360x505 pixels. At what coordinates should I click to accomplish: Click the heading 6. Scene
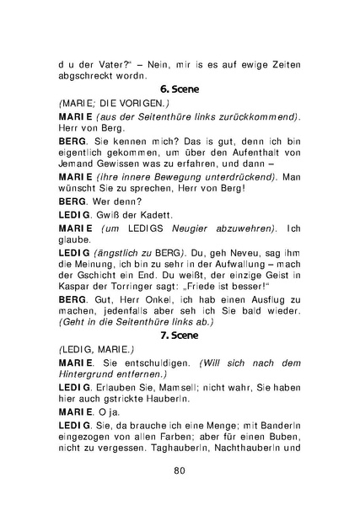pyautogui.click(x=180, y=87)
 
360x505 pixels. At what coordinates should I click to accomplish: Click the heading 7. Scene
pyautogui.click(x=180, y=335)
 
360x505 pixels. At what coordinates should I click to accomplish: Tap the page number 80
pyautogui.click(x=180, y=470)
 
